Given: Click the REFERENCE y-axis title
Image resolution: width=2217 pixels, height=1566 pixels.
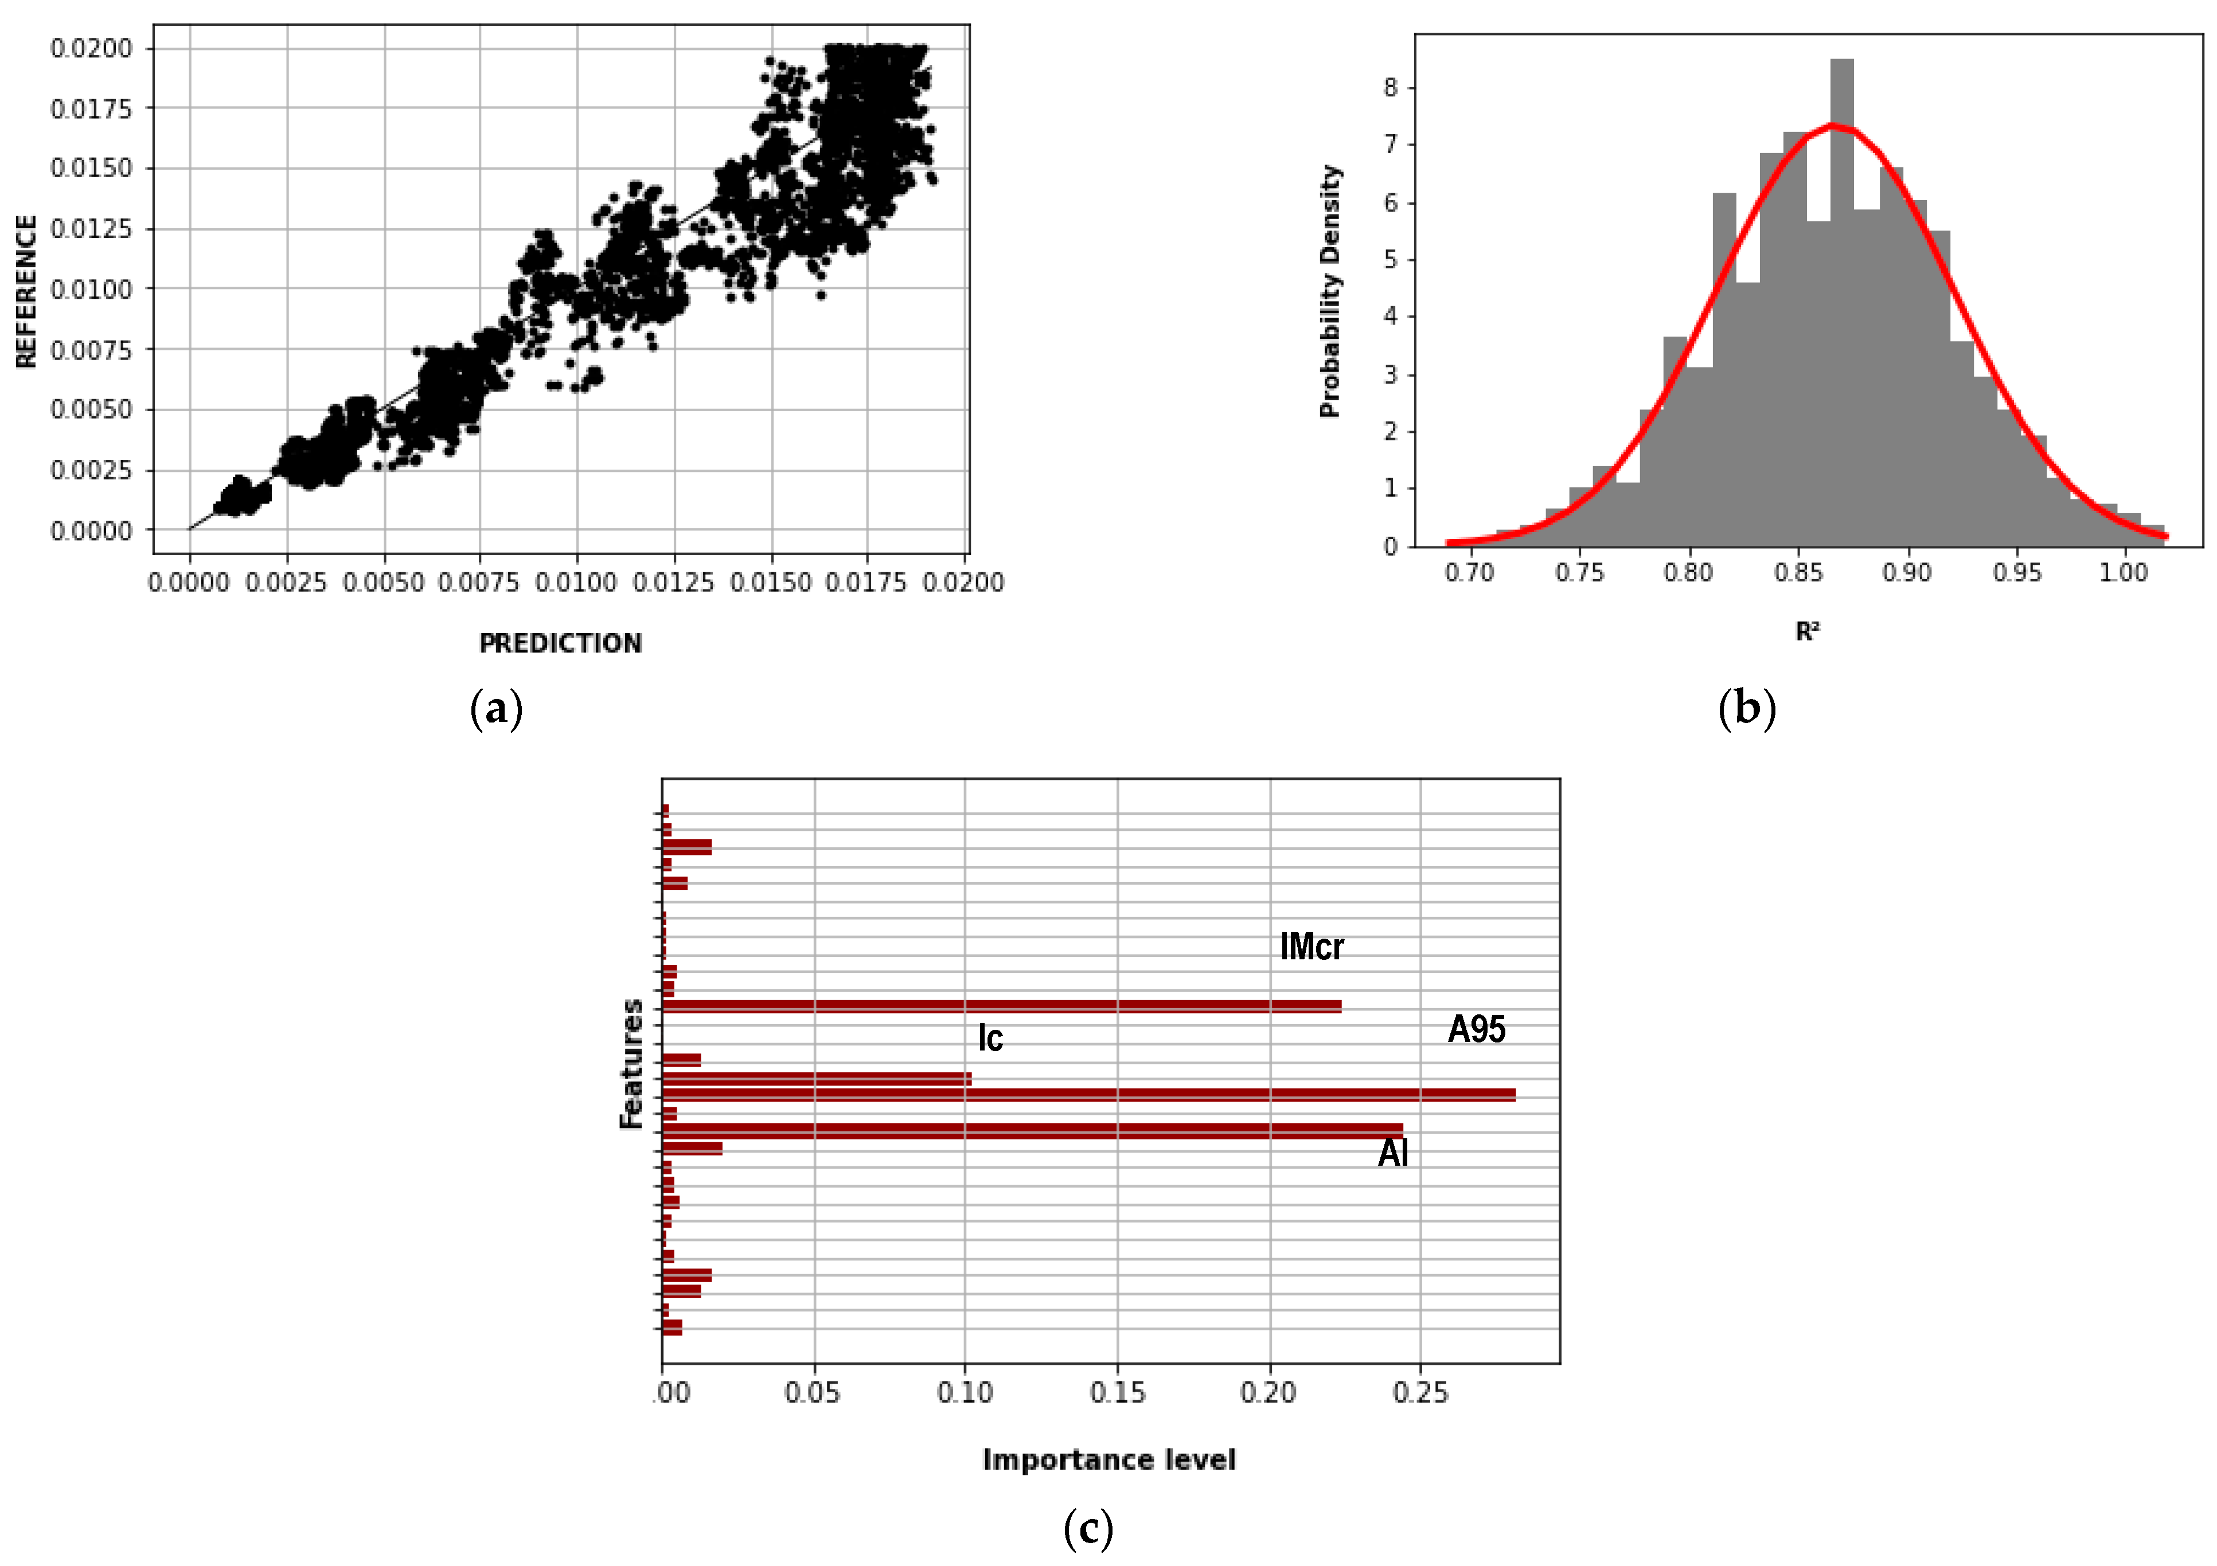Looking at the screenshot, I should pyautogui.click(x=26, y=291).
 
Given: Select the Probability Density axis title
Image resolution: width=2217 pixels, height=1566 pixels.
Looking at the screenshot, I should pyautogui.click(x=1330, y=291).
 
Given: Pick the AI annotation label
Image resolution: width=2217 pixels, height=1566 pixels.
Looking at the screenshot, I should pyautogui.click(x=1392, y=1153).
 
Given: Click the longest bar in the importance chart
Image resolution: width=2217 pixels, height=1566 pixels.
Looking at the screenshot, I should pyautogui.click(x=1088, y=1095).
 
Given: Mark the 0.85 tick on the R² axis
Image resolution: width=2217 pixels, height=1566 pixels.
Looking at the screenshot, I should pyautogui.click(x=1797, y=572).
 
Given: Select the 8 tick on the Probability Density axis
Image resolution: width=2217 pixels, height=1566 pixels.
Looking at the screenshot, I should pyautogui.click(x=1391, y=88).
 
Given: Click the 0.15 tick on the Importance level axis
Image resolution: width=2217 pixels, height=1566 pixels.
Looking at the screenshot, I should pyautogui.click(x=1117, y=1392).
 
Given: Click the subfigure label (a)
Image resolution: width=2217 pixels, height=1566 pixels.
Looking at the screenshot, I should pyautogui.click(x=496, y=710).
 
